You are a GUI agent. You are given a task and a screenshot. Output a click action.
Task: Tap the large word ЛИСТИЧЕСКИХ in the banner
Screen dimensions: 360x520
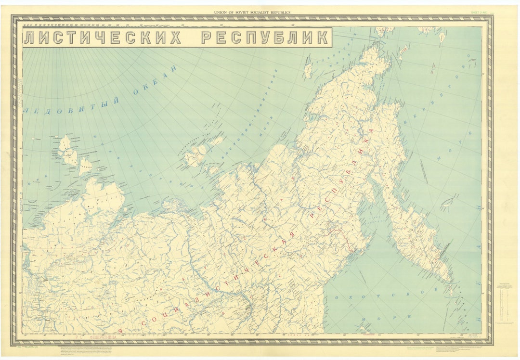tap(102, 38)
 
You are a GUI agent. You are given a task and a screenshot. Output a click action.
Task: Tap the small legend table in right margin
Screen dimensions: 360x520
tap(506, 303)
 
